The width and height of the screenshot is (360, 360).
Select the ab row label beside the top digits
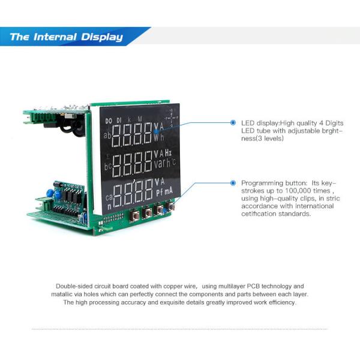pyautogui.click(x=107, y=135)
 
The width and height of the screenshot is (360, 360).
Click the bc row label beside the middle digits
pyautogui.click(x=107, y=166)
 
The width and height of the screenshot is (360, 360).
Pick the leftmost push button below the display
pyautogui.click(x=135, y=214)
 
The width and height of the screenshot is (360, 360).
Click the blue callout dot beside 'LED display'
pyautogui.click(x=233, y=122)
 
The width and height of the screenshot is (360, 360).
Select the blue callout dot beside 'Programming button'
pyautogui.click(x=233, y=182)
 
